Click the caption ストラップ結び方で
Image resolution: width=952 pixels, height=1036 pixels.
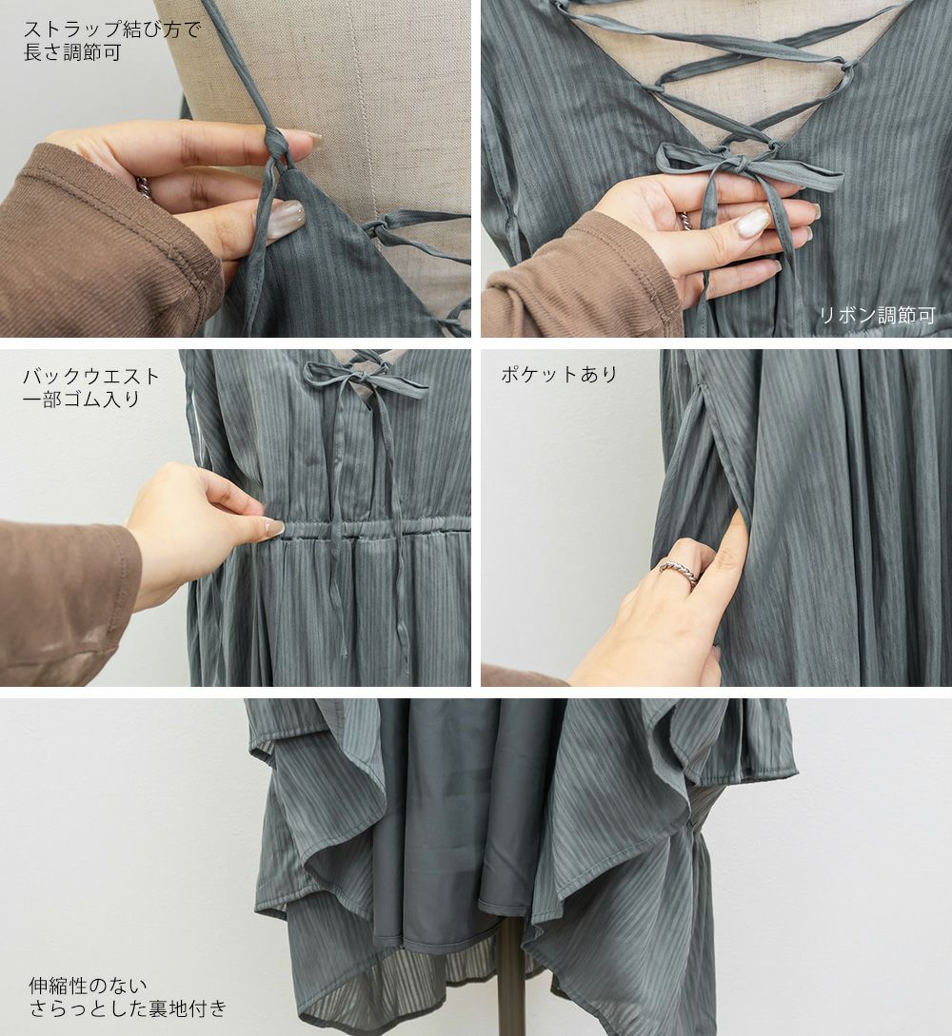[111, 29]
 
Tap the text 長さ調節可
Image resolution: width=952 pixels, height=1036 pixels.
[72, 52]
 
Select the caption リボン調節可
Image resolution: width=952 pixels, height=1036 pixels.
[878, 315]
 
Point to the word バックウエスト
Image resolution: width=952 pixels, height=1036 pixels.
[91, 377]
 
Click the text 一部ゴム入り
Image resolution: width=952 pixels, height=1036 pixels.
[82, 400]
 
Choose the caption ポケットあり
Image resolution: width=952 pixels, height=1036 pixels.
[560, 375]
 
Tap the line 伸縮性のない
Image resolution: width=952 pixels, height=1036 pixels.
[88, 987]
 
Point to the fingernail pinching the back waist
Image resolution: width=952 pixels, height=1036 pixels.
[274, 527]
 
